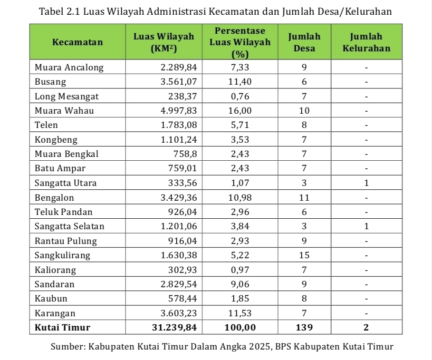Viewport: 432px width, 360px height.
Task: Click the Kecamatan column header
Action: [77, 42]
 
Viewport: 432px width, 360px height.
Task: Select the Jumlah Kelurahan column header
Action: [366, 42]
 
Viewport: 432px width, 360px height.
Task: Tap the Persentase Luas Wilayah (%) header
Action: [240, 42]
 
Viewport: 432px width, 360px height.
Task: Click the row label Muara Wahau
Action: [64, 111]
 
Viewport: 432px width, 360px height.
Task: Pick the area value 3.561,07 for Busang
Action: [178, 82]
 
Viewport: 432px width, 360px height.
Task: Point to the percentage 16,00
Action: [240, 111]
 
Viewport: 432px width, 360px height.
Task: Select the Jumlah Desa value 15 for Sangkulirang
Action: [304, 255]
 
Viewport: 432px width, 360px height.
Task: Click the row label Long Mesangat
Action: [67, 97]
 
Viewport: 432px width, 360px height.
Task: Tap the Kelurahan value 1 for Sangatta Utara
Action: [366, 183]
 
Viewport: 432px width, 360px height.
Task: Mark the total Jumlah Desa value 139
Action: [304, 328]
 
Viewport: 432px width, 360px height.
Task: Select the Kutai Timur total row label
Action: [62, 328]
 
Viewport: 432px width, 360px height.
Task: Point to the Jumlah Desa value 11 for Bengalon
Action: [304, 197]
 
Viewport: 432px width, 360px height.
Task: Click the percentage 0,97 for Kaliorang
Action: [240, 270]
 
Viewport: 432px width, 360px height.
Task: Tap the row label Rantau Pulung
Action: [66, 241]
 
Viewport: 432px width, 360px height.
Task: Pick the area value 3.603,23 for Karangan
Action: [178, 313]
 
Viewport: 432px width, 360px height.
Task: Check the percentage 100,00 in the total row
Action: [240, 328]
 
